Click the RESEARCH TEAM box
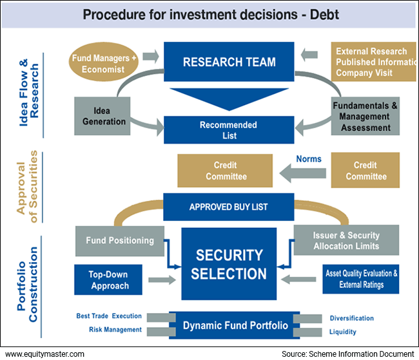(229, 62)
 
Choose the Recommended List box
(229, 130)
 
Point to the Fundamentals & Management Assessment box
(365, 117)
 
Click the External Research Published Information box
(373, 62)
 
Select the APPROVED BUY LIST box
(229, 207)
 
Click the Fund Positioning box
(120, 241)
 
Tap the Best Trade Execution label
(108, 316)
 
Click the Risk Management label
(115, 330)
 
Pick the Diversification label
(351, 318)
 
